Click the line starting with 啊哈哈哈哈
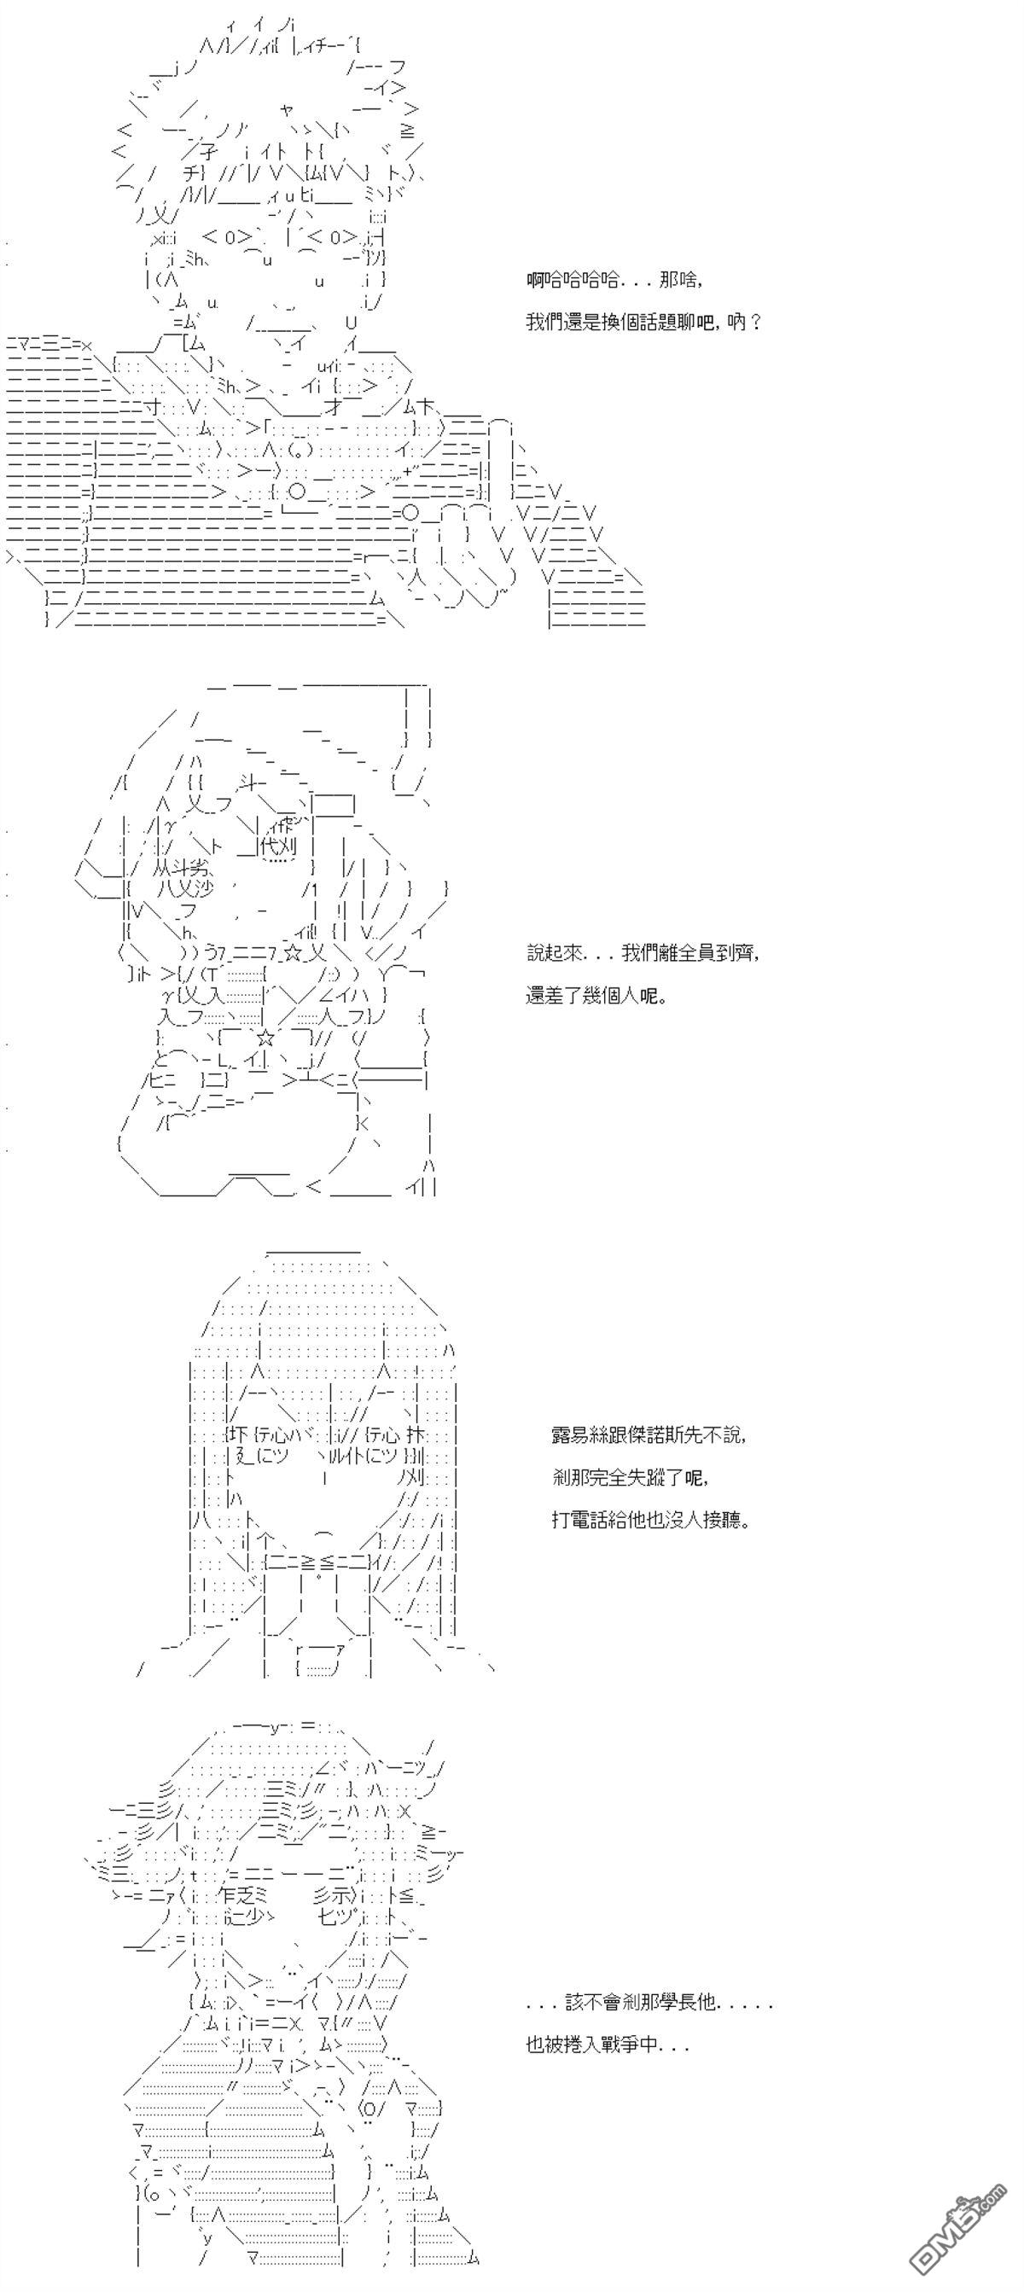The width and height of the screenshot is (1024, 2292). (x=614, y=280)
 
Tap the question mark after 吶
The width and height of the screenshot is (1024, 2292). (x=755, y=322)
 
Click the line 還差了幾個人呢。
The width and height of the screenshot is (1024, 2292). (x=597, y=996)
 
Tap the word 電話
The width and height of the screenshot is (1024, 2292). (x=594, y=1520)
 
